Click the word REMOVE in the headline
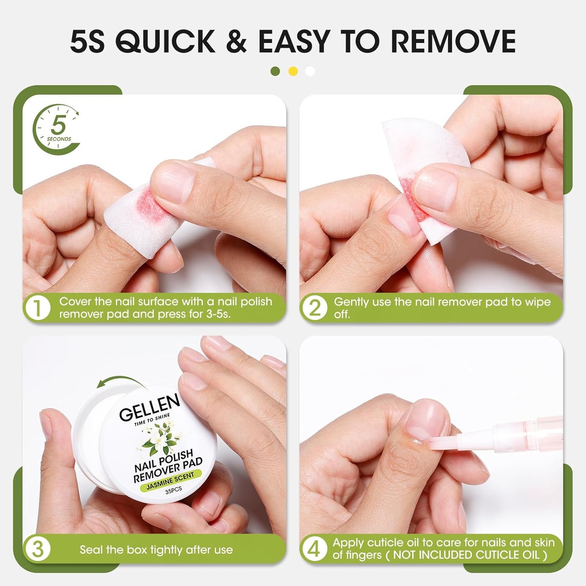[x=453, y=41]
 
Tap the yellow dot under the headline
[x=293, y=71]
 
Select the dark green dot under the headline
[x=275, y=71]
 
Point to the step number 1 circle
[x=37, y=308]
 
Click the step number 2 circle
[x=314, y=308]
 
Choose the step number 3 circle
[x=37, y=549]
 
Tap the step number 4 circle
[x=314, y=549]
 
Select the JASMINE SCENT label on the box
[x=170, y=481]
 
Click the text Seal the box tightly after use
[x=156, y=550]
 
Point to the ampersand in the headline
[x=236, y=41]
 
